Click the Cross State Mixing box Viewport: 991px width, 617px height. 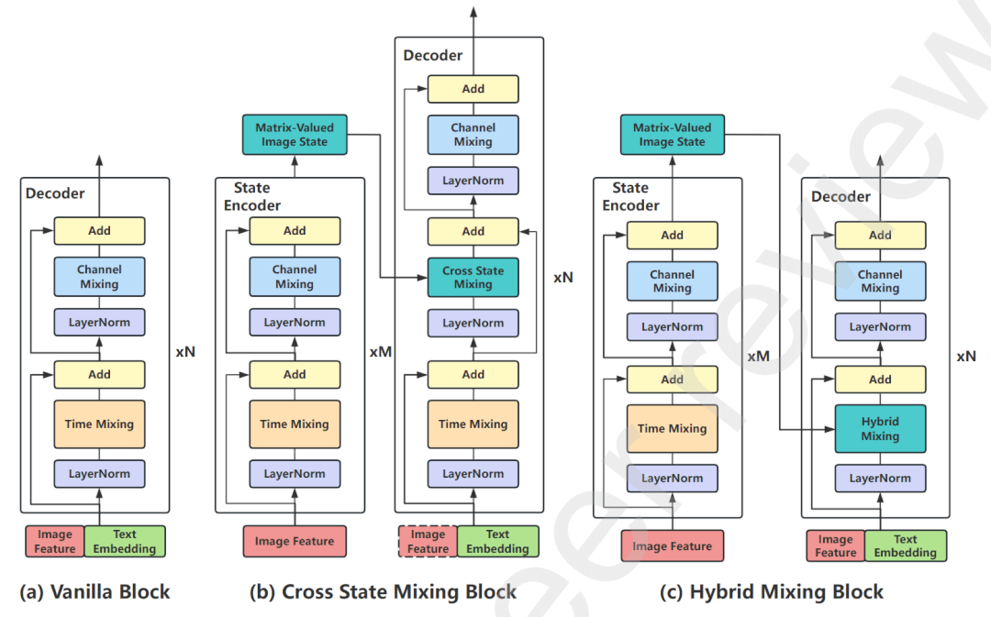coord(473,278)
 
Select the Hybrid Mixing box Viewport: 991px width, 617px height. coord(880,429)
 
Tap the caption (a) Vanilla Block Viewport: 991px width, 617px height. coord(95,592)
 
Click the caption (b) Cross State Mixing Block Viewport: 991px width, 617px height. coord(383,592)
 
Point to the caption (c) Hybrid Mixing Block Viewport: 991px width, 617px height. coord(772,592)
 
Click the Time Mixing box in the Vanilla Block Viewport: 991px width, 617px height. coord(99,424)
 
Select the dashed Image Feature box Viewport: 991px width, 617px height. coord(428,541)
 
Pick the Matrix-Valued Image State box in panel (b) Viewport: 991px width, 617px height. coord(295,135)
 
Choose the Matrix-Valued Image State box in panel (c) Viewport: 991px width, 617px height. coord(672,135)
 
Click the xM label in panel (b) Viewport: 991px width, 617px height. coord(380,351)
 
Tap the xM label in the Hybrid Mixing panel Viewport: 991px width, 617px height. coord(758,356)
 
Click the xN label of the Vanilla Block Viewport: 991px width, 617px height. coord(185,350)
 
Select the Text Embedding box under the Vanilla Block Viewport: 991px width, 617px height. coord(125,541)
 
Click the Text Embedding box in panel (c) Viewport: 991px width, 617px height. coord(905,545)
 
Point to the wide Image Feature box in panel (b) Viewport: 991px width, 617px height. coord(295,541)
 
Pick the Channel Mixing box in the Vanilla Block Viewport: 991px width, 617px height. coord(99,277)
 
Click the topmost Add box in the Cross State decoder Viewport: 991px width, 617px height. coord(473,89)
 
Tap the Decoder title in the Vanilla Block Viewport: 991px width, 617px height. coord(55,193)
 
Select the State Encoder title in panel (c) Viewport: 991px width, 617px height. coord(630,197)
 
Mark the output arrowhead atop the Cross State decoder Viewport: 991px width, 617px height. coord(473,11)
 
